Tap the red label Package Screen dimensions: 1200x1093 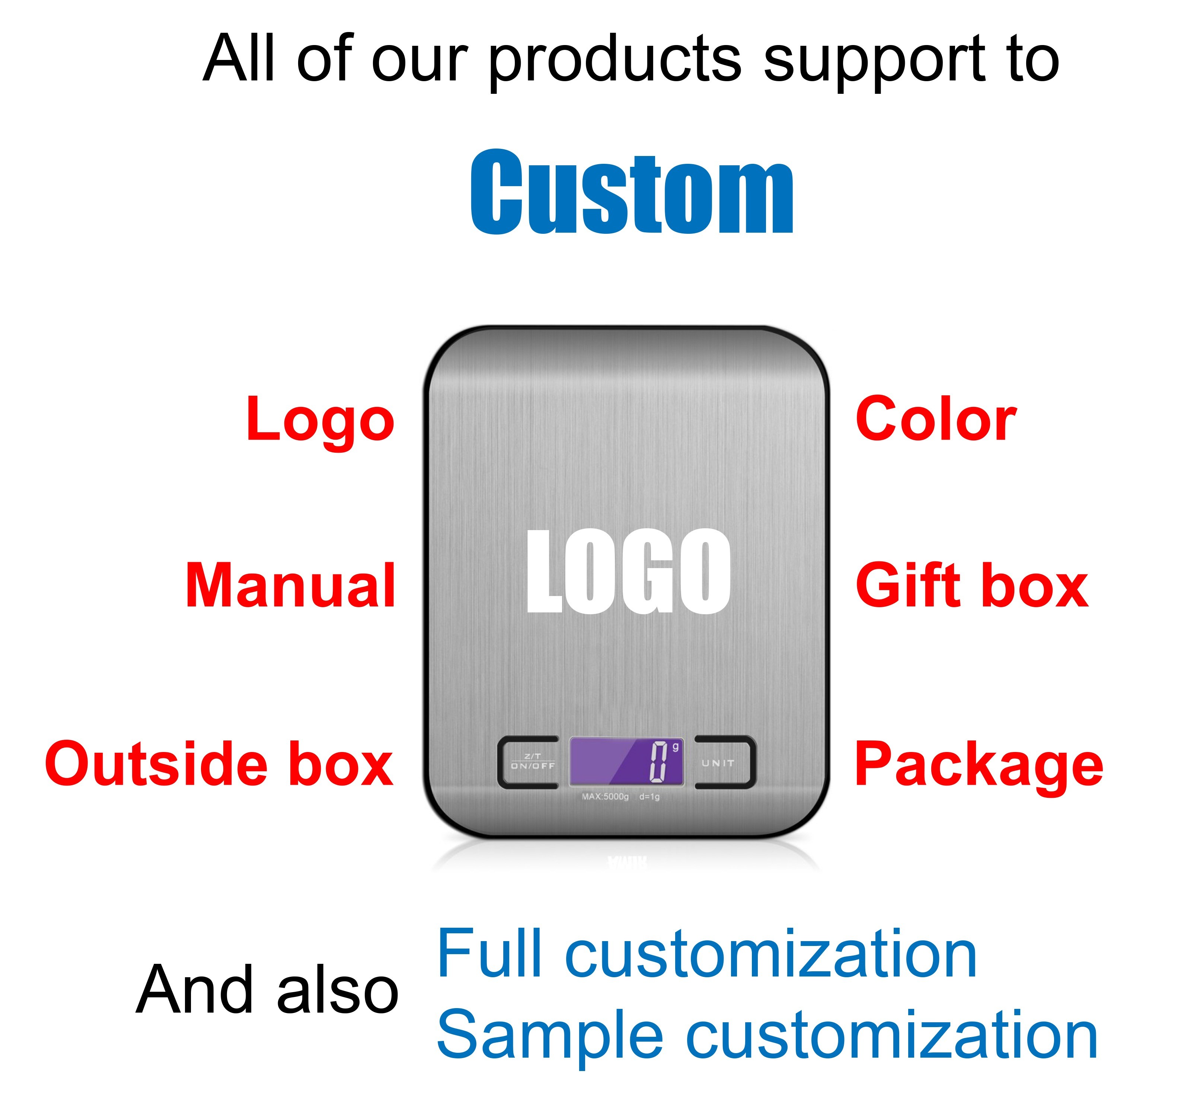click(979, 767)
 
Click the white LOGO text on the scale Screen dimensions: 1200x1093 click(629, 571)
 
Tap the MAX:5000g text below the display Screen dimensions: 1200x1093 click(605, 797)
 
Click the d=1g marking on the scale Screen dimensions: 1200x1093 click(650, 797)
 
